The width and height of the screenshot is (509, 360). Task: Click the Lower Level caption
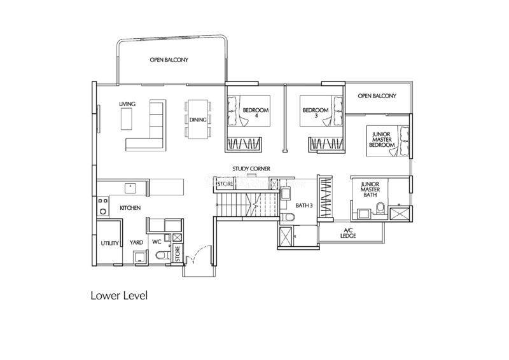point(119,296)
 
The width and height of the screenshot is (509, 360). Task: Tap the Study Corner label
point(251,169)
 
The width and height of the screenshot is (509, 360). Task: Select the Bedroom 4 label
point(256,113)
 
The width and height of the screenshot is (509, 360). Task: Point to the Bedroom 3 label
point(316,113)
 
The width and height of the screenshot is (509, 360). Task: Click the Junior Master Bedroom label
point(382,139)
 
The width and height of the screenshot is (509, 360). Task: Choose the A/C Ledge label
point(348,233)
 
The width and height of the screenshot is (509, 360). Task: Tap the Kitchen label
point(130,208)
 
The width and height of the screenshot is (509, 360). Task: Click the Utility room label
point(109,243)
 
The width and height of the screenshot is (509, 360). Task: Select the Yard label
point(136,242)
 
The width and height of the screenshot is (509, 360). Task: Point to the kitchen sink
point(130,188)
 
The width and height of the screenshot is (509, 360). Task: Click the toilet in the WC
point(162,255)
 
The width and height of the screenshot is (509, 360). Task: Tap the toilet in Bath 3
point(287,217)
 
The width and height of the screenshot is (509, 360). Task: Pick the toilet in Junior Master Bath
point(380,209)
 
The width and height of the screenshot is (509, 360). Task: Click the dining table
point(198,119)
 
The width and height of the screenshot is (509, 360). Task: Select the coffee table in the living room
point(127,119)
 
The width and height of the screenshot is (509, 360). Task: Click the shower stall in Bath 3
point(285,237)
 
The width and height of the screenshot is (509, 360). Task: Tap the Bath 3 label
point(304,205)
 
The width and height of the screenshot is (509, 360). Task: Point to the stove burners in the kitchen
point(103,206)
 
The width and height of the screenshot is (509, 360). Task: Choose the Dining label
point(198,120)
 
